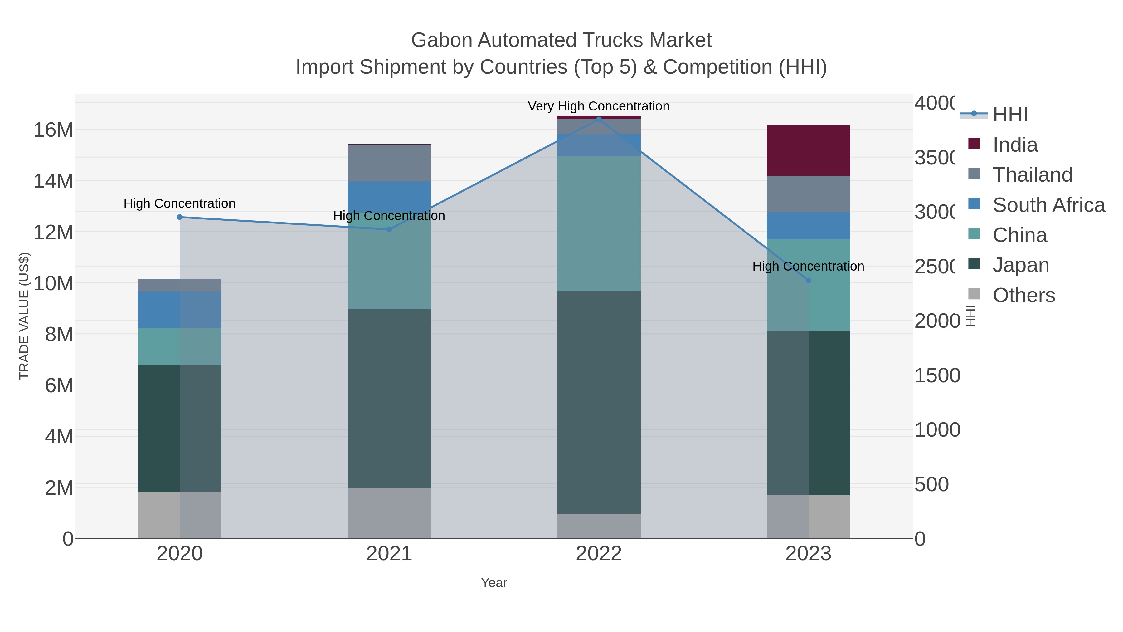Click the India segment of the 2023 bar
808,150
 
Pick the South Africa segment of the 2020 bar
179,310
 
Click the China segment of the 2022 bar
599,223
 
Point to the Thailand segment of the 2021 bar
389,163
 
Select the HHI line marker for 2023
808,281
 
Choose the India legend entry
1014,145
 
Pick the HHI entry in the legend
1010,115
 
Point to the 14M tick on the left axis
53,181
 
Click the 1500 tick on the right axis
937,375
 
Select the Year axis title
493,583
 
